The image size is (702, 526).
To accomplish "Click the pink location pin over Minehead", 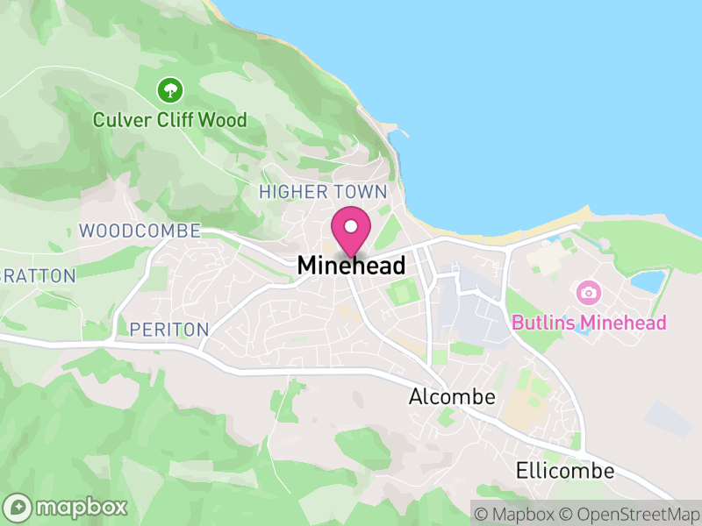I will pyautogui.click(x=351, y=230).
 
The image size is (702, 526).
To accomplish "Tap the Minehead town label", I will pyautogui.click(x=351, y=265).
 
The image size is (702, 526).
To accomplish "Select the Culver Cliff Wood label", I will pyautogui.click(x=170, y=119).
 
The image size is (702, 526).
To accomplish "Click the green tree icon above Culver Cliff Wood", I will pyautogui.click(x=169, y=89).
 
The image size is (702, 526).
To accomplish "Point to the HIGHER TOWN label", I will pyautogui.click(x=323, y=191).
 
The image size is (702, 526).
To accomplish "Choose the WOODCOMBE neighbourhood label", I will pyautogui.click(x=140, y=231).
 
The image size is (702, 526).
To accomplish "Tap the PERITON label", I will pyautogui.click(x=168, y=330).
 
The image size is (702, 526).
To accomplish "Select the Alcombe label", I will pyautogui.click(x=452, y=397).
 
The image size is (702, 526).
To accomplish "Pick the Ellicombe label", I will pyautogui.click(x=565, y=470).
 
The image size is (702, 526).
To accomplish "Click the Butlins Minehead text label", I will pyautogui.click(x=589, y=323).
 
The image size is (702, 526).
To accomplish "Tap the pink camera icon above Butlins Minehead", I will pyautogui.click(x=588, y=292).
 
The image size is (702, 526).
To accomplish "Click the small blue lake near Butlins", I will pyautogui.click(x=648, y=281).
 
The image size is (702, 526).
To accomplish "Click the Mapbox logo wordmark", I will pyautogui.click(x=82, y=507).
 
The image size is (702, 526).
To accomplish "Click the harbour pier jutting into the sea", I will pyautogui.click(x=400, y=135).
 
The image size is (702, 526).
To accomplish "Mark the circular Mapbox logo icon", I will pyautogui.click(x=19, y=508).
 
